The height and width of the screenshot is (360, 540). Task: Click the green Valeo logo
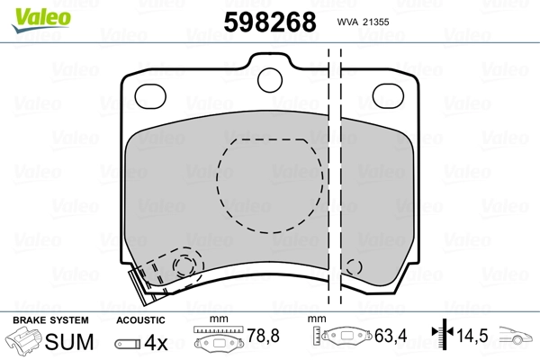click(41, 20)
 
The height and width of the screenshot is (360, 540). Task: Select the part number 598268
click(270, 22)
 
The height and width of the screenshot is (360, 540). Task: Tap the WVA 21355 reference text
click(363, 22)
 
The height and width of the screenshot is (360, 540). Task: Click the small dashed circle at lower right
click(354, 267)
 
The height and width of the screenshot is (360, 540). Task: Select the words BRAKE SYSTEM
click(50, 320)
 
